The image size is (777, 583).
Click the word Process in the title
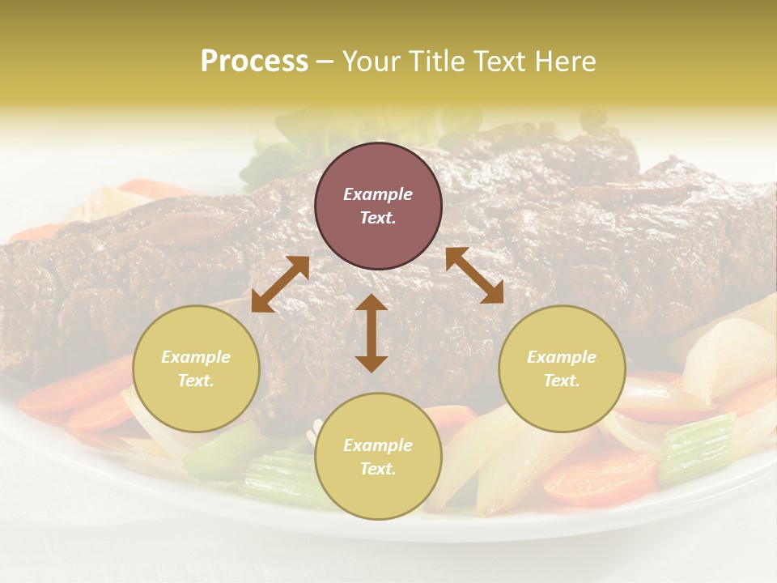tap(254, 62)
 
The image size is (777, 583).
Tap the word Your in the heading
tap(371, 62)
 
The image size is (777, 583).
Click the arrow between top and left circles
tap(280, 284)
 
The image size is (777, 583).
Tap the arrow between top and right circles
tap(474, 275)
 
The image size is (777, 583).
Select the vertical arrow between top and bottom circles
tap(372, 333)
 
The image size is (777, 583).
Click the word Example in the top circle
tap(378, 194)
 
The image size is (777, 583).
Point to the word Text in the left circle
tap(196, 381)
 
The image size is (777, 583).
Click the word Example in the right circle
tap(562, 357)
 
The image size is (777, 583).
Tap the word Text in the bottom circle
tap(378, 469)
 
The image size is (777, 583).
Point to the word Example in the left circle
tap(196, 357)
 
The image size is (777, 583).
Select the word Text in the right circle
tap(562, 381)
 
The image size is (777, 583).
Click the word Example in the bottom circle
tap(378, 445)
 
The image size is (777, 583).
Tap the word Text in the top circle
tap(378, 218)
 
